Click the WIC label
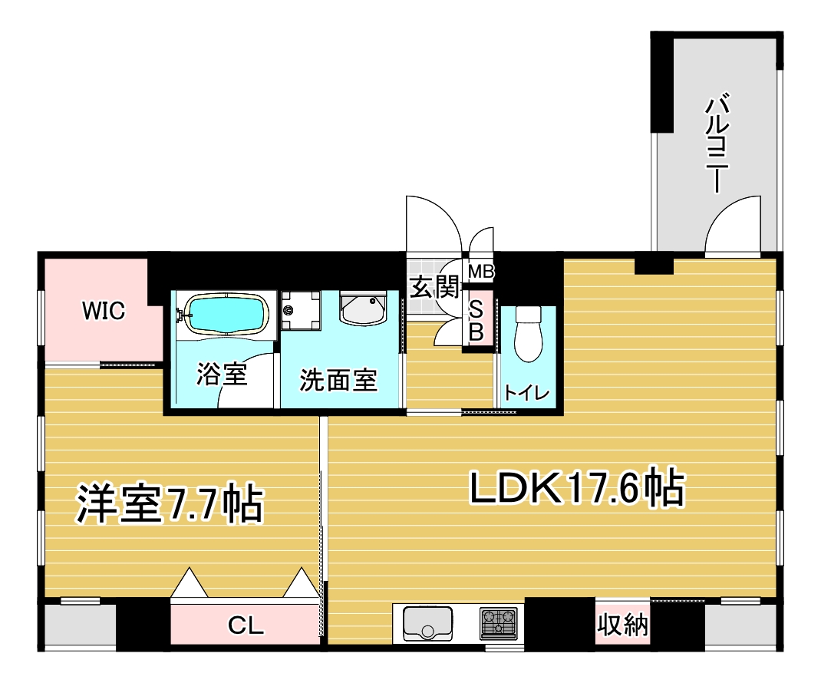tap(104, 311)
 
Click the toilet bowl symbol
tap(529, 334)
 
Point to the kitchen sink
tap(428, 623)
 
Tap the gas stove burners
tap(499, 623)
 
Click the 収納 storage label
tap(623, 625)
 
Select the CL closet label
tap(246, 625)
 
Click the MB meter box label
tap(481, 272)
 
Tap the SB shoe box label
tap(476, 321)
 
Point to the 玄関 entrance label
tap(434, 287)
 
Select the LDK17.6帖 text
tap(577, 488)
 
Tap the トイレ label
tap(526, 393)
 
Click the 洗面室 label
tap(338, 381)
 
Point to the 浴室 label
tap(222, 374)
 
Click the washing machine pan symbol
tap(301, 311)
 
